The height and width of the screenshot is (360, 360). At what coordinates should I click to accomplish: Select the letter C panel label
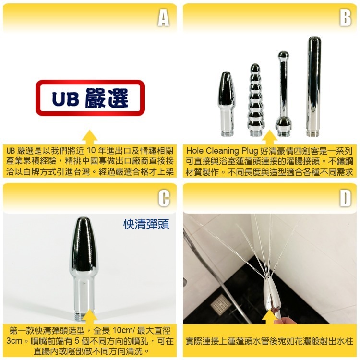163,198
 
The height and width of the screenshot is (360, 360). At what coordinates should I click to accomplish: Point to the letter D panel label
345,198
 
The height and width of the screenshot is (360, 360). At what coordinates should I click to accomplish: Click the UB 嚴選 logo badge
90,98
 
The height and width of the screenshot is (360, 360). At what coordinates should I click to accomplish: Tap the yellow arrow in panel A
90,136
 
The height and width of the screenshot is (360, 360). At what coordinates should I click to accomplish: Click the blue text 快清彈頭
146,224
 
